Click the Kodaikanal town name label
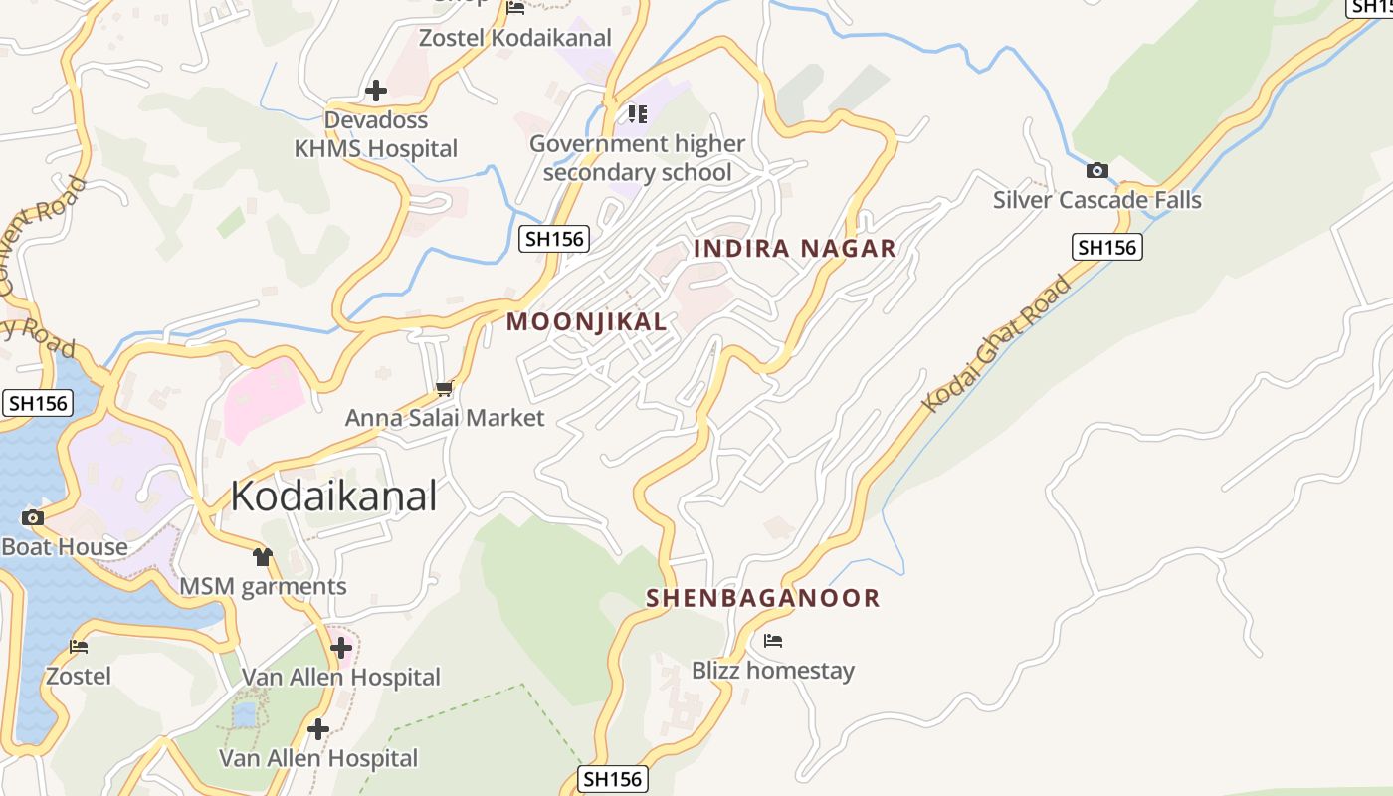(x=333, y=496)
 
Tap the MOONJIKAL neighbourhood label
(x=587, y=321)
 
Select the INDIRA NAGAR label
(x=795, y=249)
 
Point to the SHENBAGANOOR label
(x=763, y=598)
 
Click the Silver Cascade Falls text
(x=1096, y=200)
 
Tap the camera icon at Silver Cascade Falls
(x=1097, y=170)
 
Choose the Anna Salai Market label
(x=445, y=418)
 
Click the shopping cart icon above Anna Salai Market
(x=444, y=388)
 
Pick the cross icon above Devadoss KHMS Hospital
(x=376, y=91)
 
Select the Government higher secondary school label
(x=637, y=158)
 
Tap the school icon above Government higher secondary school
(x=637, y=114)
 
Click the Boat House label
(x=65, y=547)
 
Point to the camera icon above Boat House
(x=32, y=517)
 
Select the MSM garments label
(x=263, y=587)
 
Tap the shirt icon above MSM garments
(x=262, y=557)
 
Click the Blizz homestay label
(x=773, y=671)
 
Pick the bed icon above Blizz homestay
(x=773, y=641)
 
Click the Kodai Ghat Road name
(x=996, y=343)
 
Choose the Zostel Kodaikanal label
(x=515, y=38)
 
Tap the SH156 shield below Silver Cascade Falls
(x=1106, y=247)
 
